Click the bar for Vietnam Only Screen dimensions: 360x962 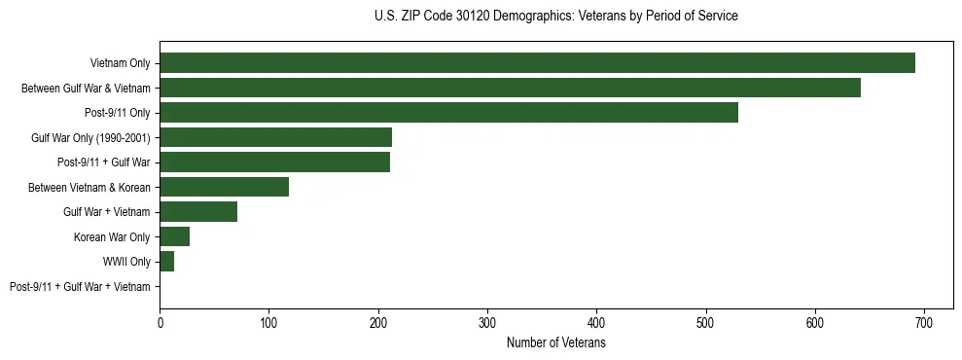point(537,63)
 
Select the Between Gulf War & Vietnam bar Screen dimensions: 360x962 point(510,89)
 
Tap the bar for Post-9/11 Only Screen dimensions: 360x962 point(448,113)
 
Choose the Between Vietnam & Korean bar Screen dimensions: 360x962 point(224,187)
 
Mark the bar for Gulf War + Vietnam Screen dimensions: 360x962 point(198,212)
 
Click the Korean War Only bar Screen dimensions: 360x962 point(174,236)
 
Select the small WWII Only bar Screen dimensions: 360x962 point(166,262)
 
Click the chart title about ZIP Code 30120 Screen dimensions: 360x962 point(555,17)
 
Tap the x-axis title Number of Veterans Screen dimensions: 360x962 point(555,343)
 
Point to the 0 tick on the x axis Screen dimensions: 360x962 point(160,324)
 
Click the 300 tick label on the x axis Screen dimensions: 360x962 point(487,324)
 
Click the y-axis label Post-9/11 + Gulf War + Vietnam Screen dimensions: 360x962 point(80,287)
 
